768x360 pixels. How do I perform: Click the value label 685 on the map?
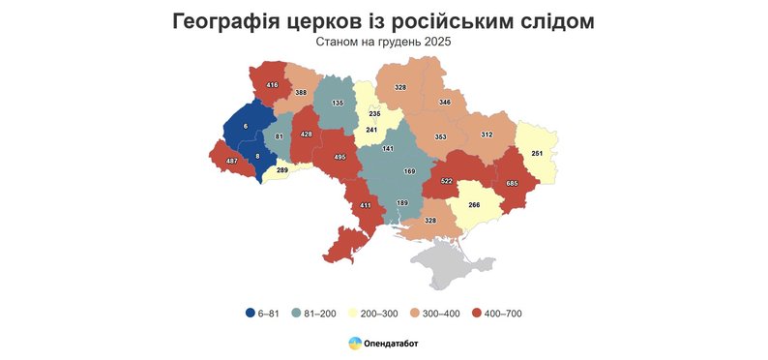pyautogui.click(x=513, y=183)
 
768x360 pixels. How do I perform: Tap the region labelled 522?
pyautogui.click(x=447, y=181)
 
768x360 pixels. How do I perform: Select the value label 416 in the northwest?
pyautogui.click(x=272, y=85)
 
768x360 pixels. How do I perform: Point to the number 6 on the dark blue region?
pyautogui.click(x=245, y=127)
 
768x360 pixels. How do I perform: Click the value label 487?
pyautogui.click(x=231, y=160)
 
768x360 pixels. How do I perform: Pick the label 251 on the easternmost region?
pyautogui.click(x=538, y=154)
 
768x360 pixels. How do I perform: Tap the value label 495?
pyautogui.click(x=340, y=157)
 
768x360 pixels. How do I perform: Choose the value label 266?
pyautogui.click(x=474, y=204)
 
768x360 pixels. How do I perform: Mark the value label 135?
pyautogui.click(x=338, y=103)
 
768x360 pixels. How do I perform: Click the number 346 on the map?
pyautogui.click(x=445, y=102)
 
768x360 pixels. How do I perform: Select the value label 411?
pyautogui.click(x=366, y=205)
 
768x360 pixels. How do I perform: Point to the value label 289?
pyautogui.click(x=281, y=170)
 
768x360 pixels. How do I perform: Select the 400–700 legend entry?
pyautogui.click(x=497, y=314)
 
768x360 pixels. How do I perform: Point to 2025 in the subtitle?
pyautogui.click(x=437, y=43)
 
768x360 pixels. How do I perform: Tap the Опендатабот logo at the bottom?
pyautogui.click(x=384, y=344)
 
